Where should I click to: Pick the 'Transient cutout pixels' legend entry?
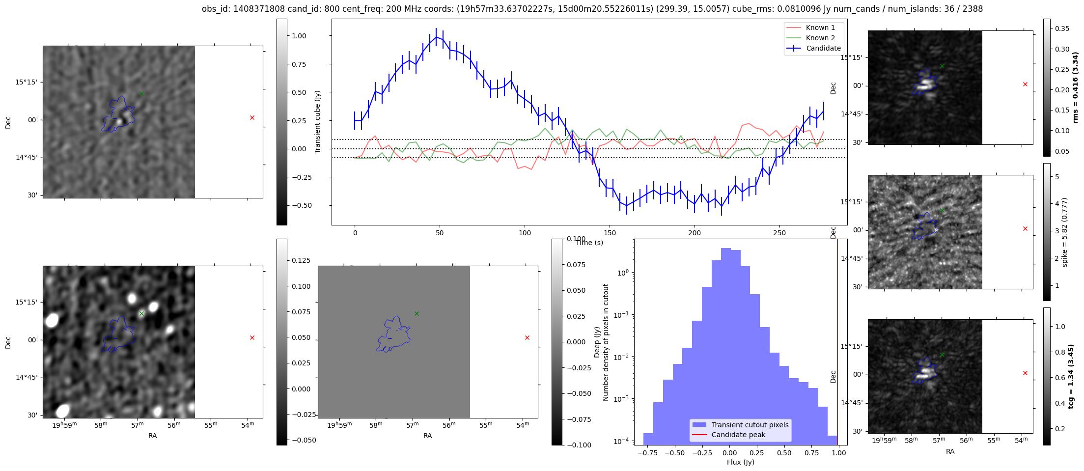click(x=750, y=425)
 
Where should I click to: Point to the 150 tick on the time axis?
click(x=610, y=233)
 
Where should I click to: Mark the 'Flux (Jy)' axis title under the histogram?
click(x=740, y=462)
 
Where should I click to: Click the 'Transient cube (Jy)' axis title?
click(x=318, y=122)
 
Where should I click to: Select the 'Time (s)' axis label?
click(x=589, y=243)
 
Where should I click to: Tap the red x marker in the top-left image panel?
click(x=252, y=117)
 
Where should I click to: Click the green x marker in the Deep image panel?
click(x=141, y=313)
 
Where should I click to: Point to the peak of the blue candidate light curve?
click(x=436, y=37)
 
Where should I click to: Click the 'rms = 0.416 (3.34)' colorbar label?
click(x=1075, y=87)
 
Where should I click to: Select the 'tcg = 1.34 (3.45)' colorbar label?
click(x=1071, y=376)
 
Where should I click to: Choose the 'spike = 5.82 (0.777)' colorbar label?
click(x=1064, y=232)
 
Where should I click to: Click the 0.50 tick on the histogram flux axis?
click(x=784, y=453)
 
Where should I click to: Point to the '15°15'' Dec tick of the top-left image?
click(x=26, y=82)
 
